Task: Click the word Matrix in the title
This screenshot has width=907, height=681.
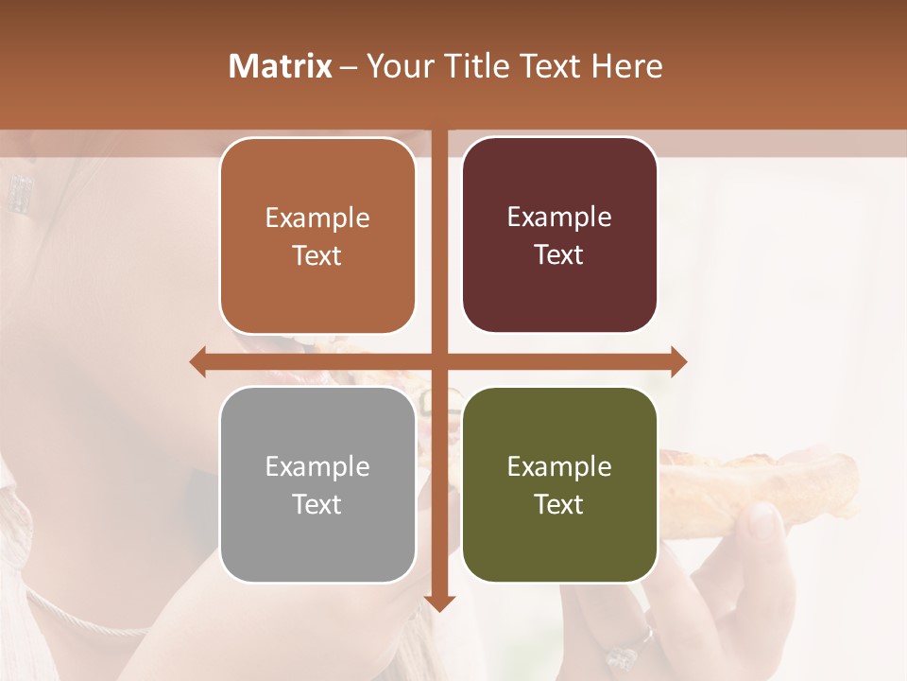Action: [281, 66]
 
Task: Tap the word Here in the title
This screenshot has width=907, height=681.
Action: [627, 66]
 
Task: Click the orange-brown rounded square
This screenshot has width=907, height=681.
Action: [317, 236]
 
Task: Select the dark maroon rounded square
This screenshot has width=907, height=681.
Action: [559, 236]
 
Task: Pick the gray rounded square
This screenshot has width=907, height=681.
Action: [317, 485]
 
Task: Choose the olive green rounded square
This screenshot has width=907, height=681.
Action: [559, 485]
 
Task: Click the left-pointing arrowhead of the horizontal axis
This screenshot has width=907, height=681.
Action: [197, 361]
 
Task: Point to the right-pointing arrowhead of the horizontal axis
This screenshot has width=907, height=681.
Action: [678, 361]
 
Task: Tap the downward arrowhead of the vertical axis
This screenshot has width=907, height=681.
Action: [439, 602]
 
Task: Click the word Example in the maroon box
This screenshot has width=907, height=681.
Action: [559, 218]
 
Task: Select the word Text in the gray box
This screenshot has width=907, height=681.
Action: [317, 504]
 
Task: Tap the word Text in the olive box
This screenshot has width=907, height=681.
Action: [558, 504]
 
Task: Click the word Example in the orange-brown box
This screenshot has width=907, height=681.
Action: [317, 218]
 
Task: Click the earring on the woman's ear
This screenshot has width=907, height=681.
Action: [19, 193]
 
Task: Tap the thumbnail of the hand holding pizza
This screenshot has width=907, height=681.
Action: [763, 520]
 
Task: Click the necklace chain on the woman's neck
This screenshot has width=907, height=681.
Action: [85, 620]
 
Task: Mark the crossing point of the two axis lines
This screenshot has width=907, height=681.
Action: [439, 361]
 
